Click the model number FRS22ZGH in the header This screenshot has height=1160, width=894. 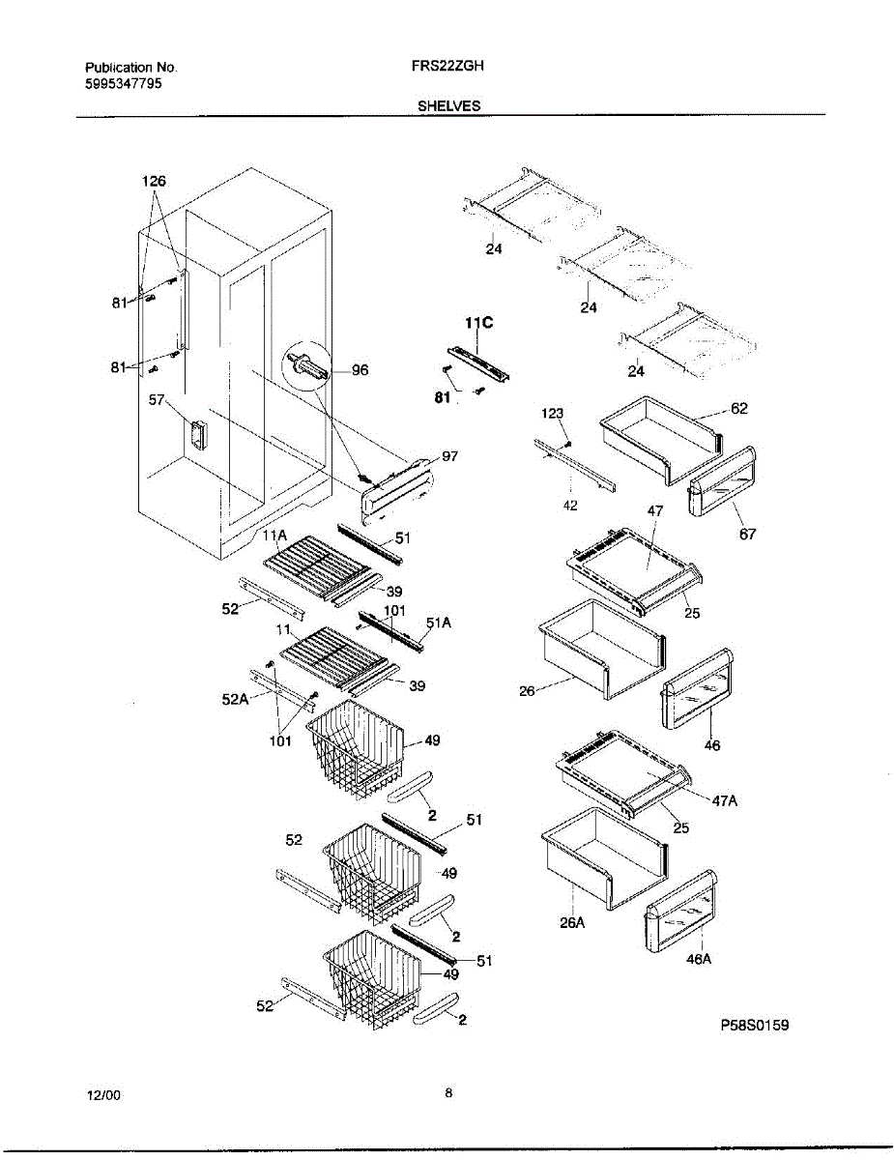(447, 68)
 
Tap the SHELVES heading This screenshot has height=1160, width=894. (448, 106)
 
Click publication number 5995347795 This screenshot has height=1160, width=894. (123, 84)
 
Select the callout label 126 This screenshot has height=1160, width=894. (154, 181)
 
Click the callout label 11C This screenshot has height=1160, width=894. (479, 323)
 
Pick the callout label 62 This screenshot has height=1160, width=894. (738, 409)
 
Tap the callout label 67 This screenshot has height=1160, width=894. (748, 535)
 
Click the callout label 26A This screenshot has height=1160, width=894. (573, 922)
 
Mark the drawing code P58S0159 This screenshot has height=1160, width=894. (754, 1025)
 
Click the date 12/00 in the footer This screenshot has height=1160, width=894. (103, 1095)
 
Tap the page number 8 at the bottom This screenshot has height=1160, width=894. (448, 1093)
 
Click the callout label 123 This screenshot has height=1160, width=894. (552, 413)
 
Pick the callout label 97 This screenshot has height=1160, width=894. (449, 456)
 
